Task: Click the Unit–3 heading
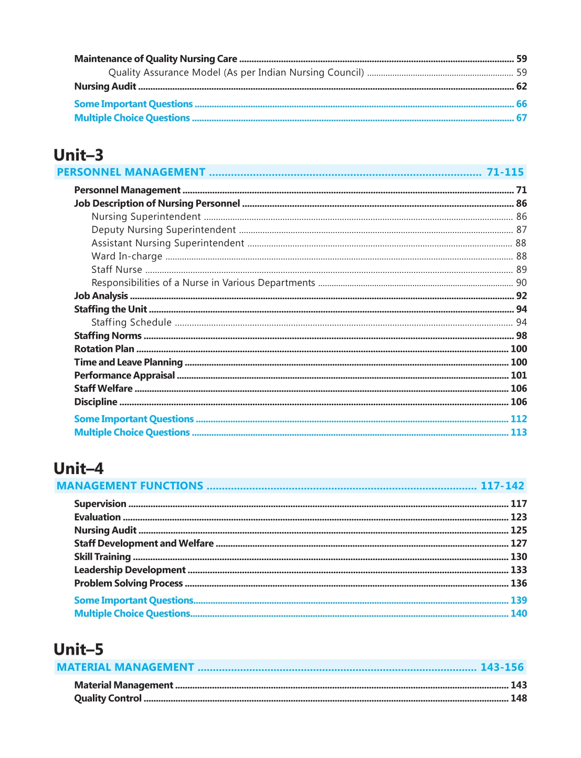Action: [x=79, y=155]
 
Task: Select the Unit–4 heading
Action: [x=79, y=468]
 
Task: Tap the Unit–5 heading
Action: [x=79, y=649]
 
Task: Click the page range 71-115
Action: [x=505, y=172]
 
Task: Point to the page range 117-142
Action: [x=502, y=486]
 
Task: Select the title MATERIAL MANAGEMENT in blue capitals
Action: [x=125, y=667]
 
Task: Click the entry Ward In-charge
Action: [x=127, y=256]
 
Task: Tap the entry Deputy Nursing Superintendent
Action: [x=164, y=230]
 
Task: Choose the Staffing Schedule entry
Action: [x=132, y=322]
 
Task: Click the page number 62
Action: [x=521, y=86]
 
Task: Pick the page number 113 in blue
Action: [x=519, y=432]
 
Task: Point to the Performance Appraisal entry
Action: [x=124, y=375]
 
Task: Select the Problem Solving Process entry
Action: [x=129, y=583]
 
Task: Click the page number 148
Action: [x=519, y=698]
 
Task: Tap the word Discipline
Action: [x=96, y=402]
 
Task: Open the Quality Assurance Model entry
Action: [x=236, y=72]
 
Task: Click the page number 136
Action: [x=519, y=583]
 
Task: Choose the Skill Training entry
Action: [x=102, y=556]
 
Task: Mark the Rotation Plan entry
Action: [x=104, y=349]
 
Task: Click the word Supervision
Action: [x=100, y=504]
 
